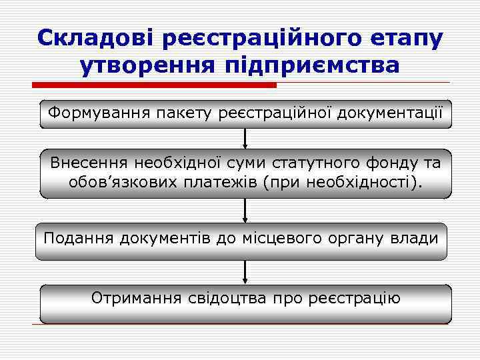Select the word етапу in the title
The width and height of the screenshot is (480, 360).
coord(406,38)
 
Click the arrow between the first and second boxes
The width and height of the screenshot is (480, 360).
coord(245,138)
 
